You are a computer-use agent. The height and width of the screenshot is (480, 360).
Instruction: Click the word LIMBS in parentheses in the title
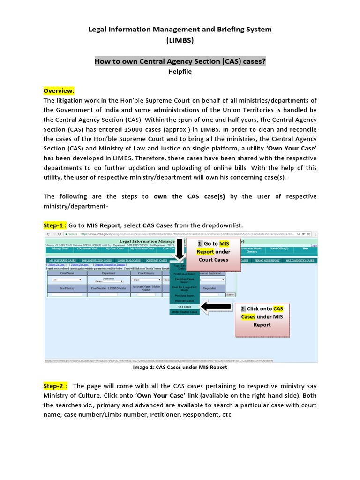180,41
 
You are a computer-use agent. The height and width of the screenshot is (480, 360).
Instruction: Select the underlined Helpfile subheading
180,72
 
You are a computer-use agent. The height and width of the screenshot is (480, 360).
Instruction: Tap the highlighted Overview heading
59,90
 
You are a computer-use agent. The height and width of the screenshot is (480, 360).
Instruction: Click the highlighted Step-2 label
55,386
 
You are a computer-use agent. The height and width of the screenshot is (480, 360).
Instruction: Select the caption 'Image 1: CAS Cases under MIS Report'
180,367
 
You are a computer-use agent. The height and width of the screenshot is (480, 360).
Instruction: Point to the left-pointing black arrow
218,307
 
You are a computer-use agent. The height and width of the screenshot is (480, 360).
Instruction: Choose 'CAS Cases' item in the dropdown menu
185,307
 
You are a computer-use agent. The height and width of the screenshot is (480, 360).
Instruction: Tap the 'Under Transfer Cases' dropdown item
185,312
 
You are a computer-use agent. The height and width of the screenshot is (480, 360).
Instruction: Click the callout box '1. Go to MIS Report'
213,254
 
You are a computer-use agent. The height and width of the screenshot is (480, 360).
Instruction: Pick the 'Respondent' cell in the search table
209,288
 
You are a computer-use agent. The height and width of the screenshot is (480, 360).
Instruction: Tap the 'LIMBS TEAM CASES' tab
129,260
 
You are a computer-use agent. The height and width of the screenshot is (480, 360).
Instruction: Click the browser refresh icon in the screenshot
59,234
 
